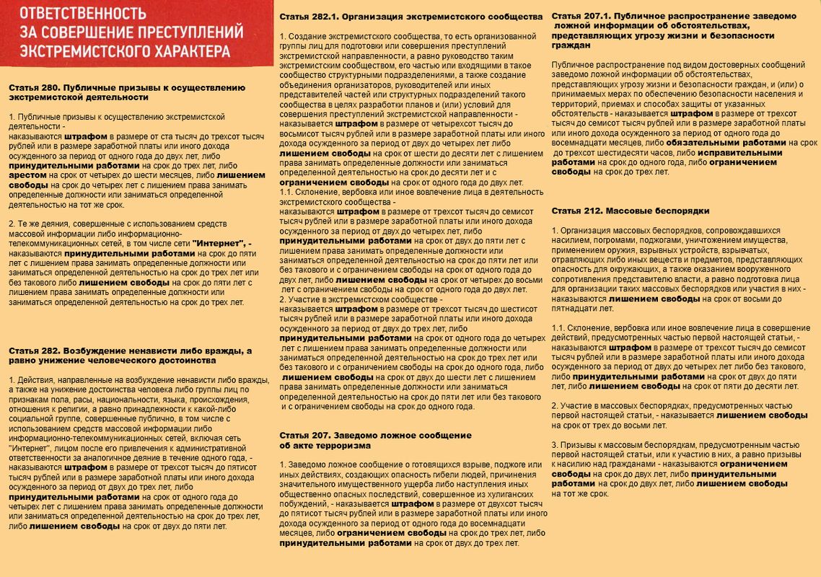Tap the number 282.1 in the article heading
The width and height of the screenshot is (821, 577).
323,16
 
